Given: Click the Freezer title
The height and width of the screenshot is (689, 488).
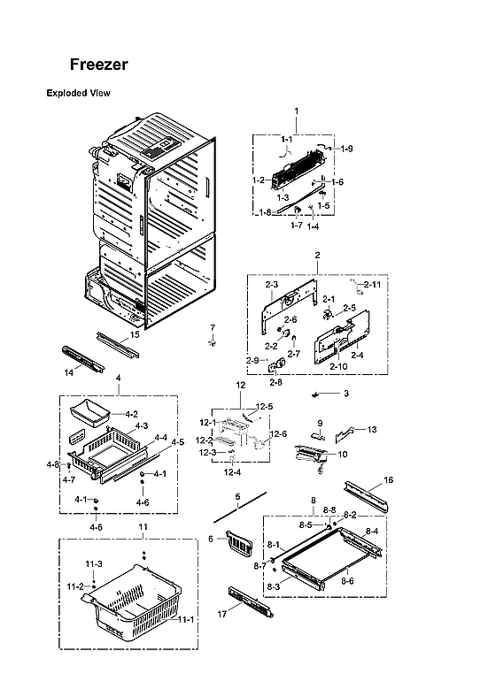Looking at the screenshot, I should (x=99, y=65).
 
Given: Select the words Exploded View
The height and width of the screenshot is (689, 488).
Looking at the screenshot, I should (x=78, y=93).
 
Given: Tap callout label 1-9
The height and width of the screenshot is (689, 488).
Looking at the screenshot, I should (x=345, y=149).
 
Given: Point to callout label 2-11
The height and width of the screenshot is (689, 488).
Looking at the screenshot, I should (x=372, y=284).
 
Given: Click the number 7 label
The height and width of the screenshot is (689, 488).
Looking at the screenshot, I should (x=212, y=328).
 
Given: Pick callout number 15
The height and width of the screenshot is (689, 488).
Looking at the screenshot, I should (x=135, y=335).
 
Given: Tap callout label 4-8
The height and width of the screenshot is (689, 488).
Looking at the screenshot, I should (x=52, y=464).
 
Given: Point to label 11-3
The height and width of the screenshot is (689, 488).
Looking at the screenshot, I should (x=94, y=564).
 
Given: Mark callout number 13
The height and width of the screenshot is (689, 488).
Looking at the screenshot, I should (x=371, y=429).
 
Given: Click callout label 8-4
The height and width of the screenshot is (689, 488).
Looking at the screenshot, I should (x=372, y=531).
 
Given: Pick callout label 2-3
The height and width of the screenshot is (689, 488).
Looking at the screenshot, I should (x=272, y=285).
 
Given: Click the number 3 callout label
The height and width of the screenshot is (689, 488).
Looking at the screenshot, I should (x=345, y=393).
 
